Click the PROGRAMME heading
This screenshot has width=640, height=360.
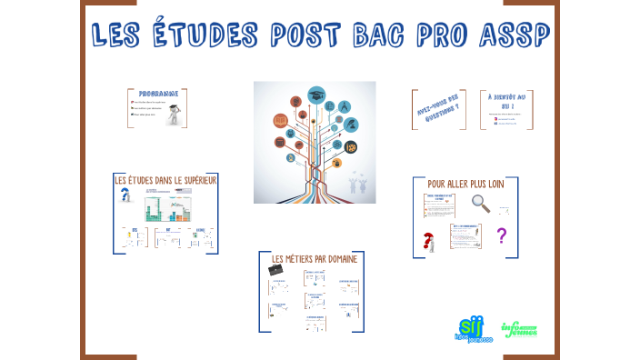(156, 95)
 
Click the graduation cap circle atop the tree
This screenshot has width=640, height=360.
(315, 95)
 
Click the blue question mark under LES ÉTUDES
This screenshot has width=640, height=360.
(126, 195)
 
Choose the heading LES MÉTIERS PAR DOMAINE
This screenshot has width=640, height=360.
(315, 259)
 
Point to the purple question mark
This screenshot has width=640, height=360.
(500, 236)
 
